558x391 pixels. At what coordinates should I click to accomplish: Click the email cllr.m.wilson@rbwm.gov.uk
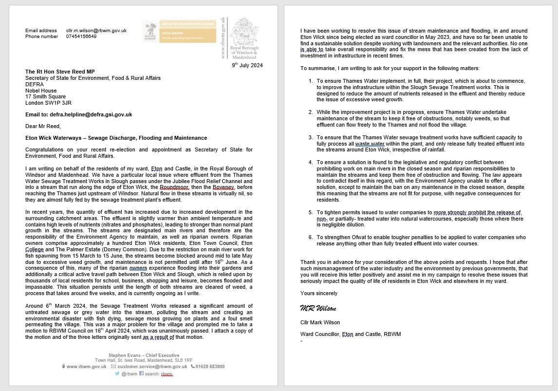(x=96, y=30)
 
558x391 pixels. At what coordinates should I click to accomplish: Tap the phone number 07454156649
(x=81, y=37)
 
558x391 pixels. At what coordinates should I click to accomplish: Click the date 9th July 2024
(x=247, y=65)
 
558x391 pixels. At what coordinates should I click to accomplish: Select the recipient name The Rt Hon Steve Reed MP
(x=60, y=72)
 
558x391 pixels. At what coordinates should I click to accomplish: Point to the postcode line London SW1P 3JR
(x=48, y=103)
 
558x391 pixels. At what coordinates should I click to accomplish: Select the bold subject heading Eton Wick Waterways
(x=116, y=138)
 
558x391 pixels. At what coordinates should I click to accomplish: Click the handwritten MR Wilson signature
(x=318, y=309)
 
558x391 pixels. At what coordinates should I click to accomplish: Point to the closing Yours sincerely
(x=319, y=294)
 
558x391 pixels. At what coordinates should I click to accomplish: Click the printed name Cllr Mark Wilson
(x=320, y=322)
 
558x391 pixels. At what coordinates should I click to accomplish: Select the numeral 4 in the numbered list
(x=311, y=163)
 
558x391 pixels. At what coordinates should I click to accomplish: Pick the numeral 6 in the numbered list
(x=311, y=238)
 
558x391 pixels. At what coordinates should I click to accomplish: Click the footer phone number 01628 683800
(x=210, y=367)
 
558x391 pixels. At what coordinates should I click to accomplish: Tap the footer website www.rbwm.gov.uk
(x=86, y=367)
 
